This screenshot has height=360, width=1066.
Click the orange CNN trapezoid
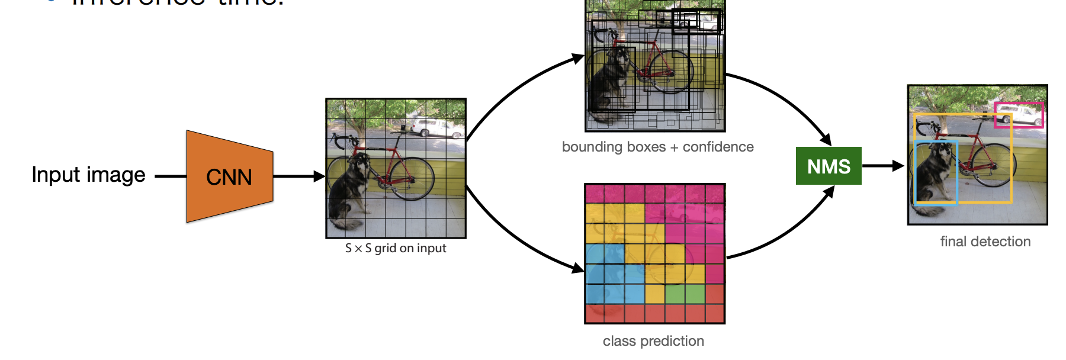tap(229, 176)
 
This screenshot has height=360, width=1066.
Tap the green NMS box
tap(829, 166)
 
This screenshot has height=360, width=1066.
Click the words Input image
tap(88, 175)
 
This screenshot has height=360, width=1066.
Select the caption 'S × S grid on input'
tap(396, 248)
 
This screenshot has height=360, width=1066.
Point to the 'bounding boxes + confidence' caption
tap(657, 147)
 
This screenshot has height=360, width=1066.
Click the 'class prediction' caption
tap(653, 341)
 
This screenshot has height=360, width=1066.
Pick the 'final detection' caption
tap(985, 242)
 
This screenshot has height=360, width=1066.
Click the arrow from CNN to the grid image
tap(299, 176)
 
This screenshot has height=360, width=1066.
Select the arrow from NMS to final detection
tap(882, 166)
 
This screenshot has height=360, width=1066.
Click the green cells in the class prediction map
tap(685, 294)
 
